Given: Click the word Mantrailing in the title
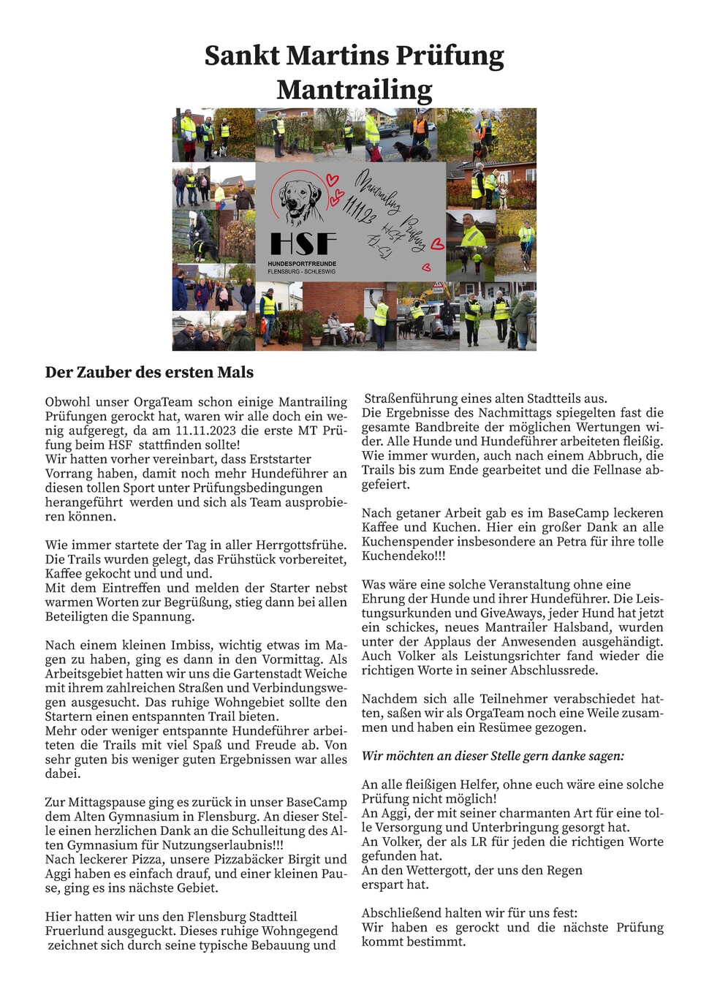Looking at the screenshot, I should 354,90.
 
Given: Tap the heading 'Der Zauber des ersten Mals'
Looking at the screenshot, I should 149,372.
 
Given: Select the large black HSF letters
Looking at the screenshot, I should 303,244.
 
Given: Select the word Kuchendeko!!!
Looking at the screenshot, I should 403,556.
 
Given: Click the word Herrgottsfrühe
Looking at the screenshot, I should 301,545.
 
